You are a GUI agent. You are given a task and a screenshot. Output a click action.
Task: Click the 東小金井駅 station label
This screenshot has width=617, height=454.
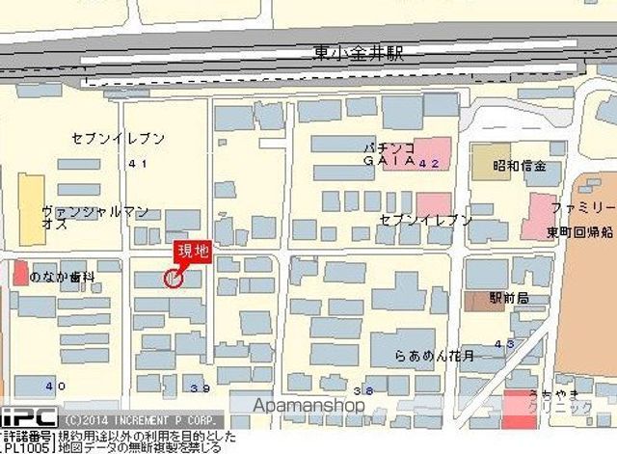358,53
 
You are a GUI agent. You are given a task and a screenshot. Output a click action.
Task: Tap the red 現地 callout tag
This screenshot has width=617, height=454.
191,253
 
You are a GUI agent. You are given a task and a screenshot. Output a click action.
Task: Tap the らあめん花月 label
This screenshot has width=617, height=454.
434,357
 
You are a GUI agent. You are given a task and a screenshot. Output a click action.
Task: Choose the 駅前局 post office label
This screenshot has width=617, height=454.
509,299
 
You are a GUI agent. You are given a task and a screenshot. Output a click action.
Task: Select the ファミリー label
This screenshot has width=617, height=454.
582,208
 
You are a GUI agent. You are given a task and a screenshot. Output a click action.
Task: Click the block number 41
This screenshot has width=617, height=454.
137,164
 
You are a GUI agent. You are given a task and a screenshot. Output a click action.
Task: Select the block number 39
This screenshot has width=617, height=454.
201,388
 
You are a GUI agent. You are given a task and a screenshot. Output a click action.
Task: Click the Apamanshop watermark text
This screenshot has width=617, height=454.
298,406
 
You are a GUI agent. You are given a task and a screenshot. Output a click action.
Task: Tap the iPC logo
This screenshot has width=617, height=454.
29,417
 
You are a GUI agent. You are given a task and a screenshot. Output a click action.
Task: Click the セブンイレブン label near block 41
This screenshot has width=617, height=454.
118,139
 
